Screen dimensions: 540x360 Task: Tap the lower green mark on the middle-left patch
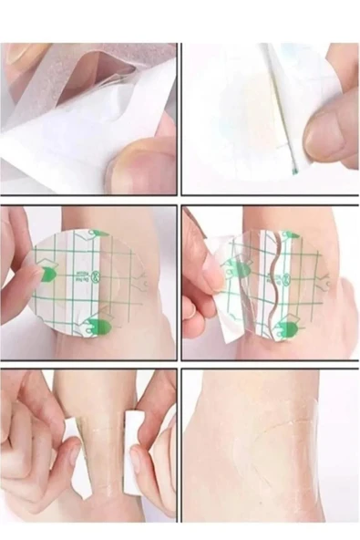(103, 326)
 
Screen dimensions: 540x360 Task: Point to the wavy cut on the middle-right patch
(265, 283)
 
